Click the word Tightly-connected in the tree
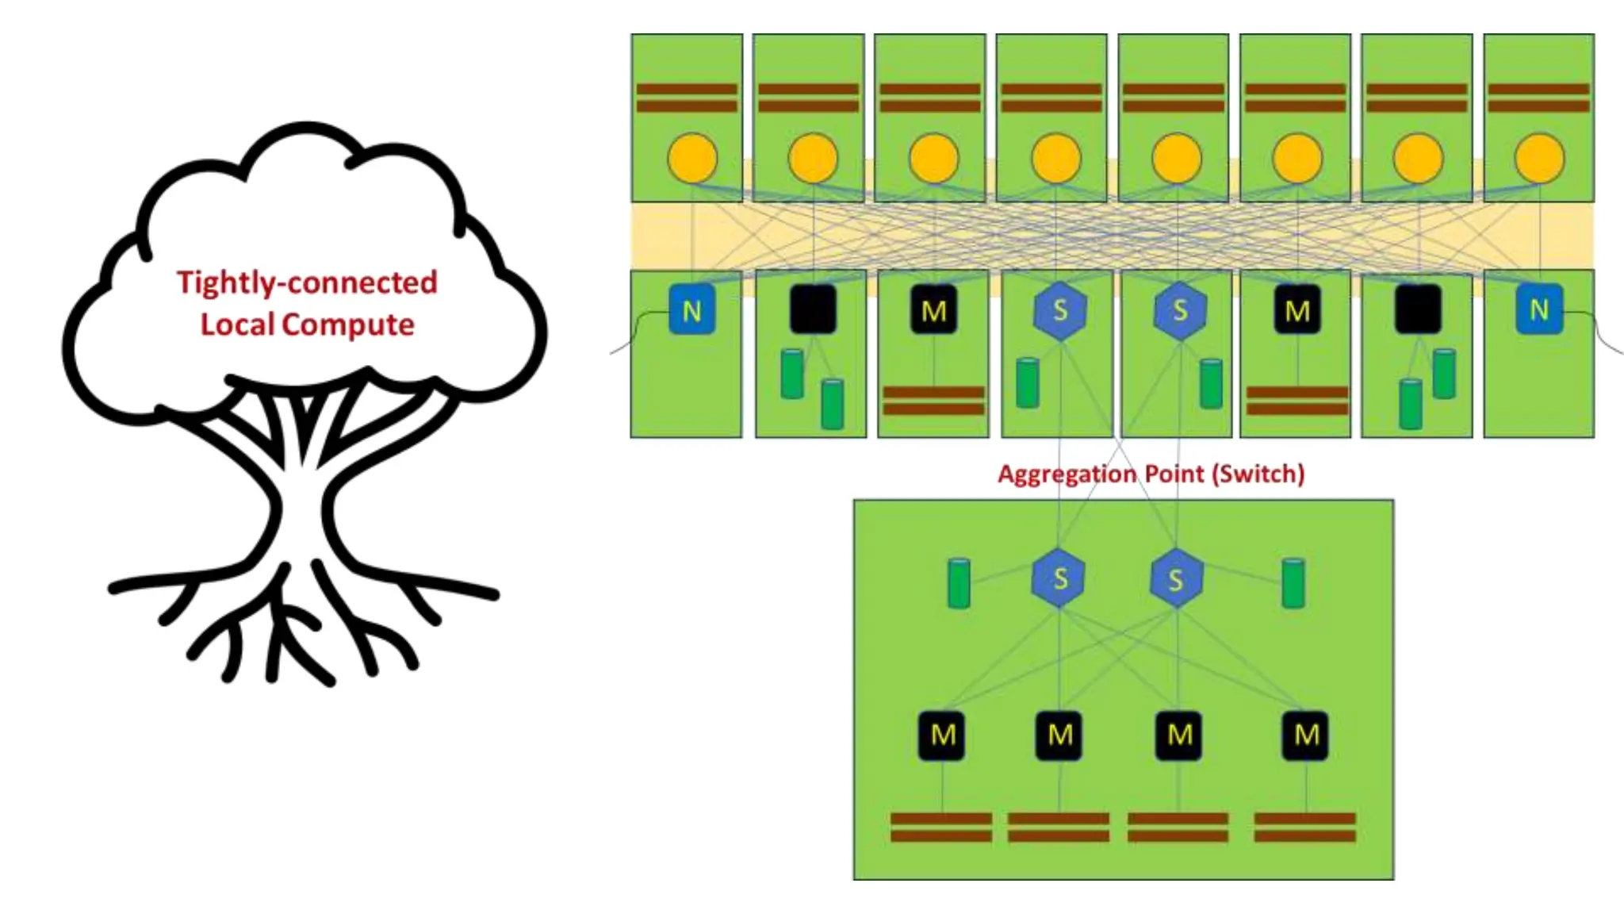306,282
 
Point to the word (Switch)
1258,474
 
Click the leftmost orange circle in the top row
692,158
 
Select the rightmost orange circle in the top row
1539,158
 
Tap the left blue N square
691,309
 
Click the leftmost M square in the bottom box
941,735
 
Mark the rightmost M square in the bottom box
1305,735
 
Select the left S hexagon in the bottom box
1059,578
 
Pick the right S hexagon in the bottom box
1176,579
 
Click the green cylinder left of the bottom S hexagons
959,583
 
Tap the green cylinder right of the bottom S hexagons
1293,583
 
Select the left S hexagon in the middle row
1059,310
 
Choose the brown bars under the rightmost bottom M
1305,827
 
